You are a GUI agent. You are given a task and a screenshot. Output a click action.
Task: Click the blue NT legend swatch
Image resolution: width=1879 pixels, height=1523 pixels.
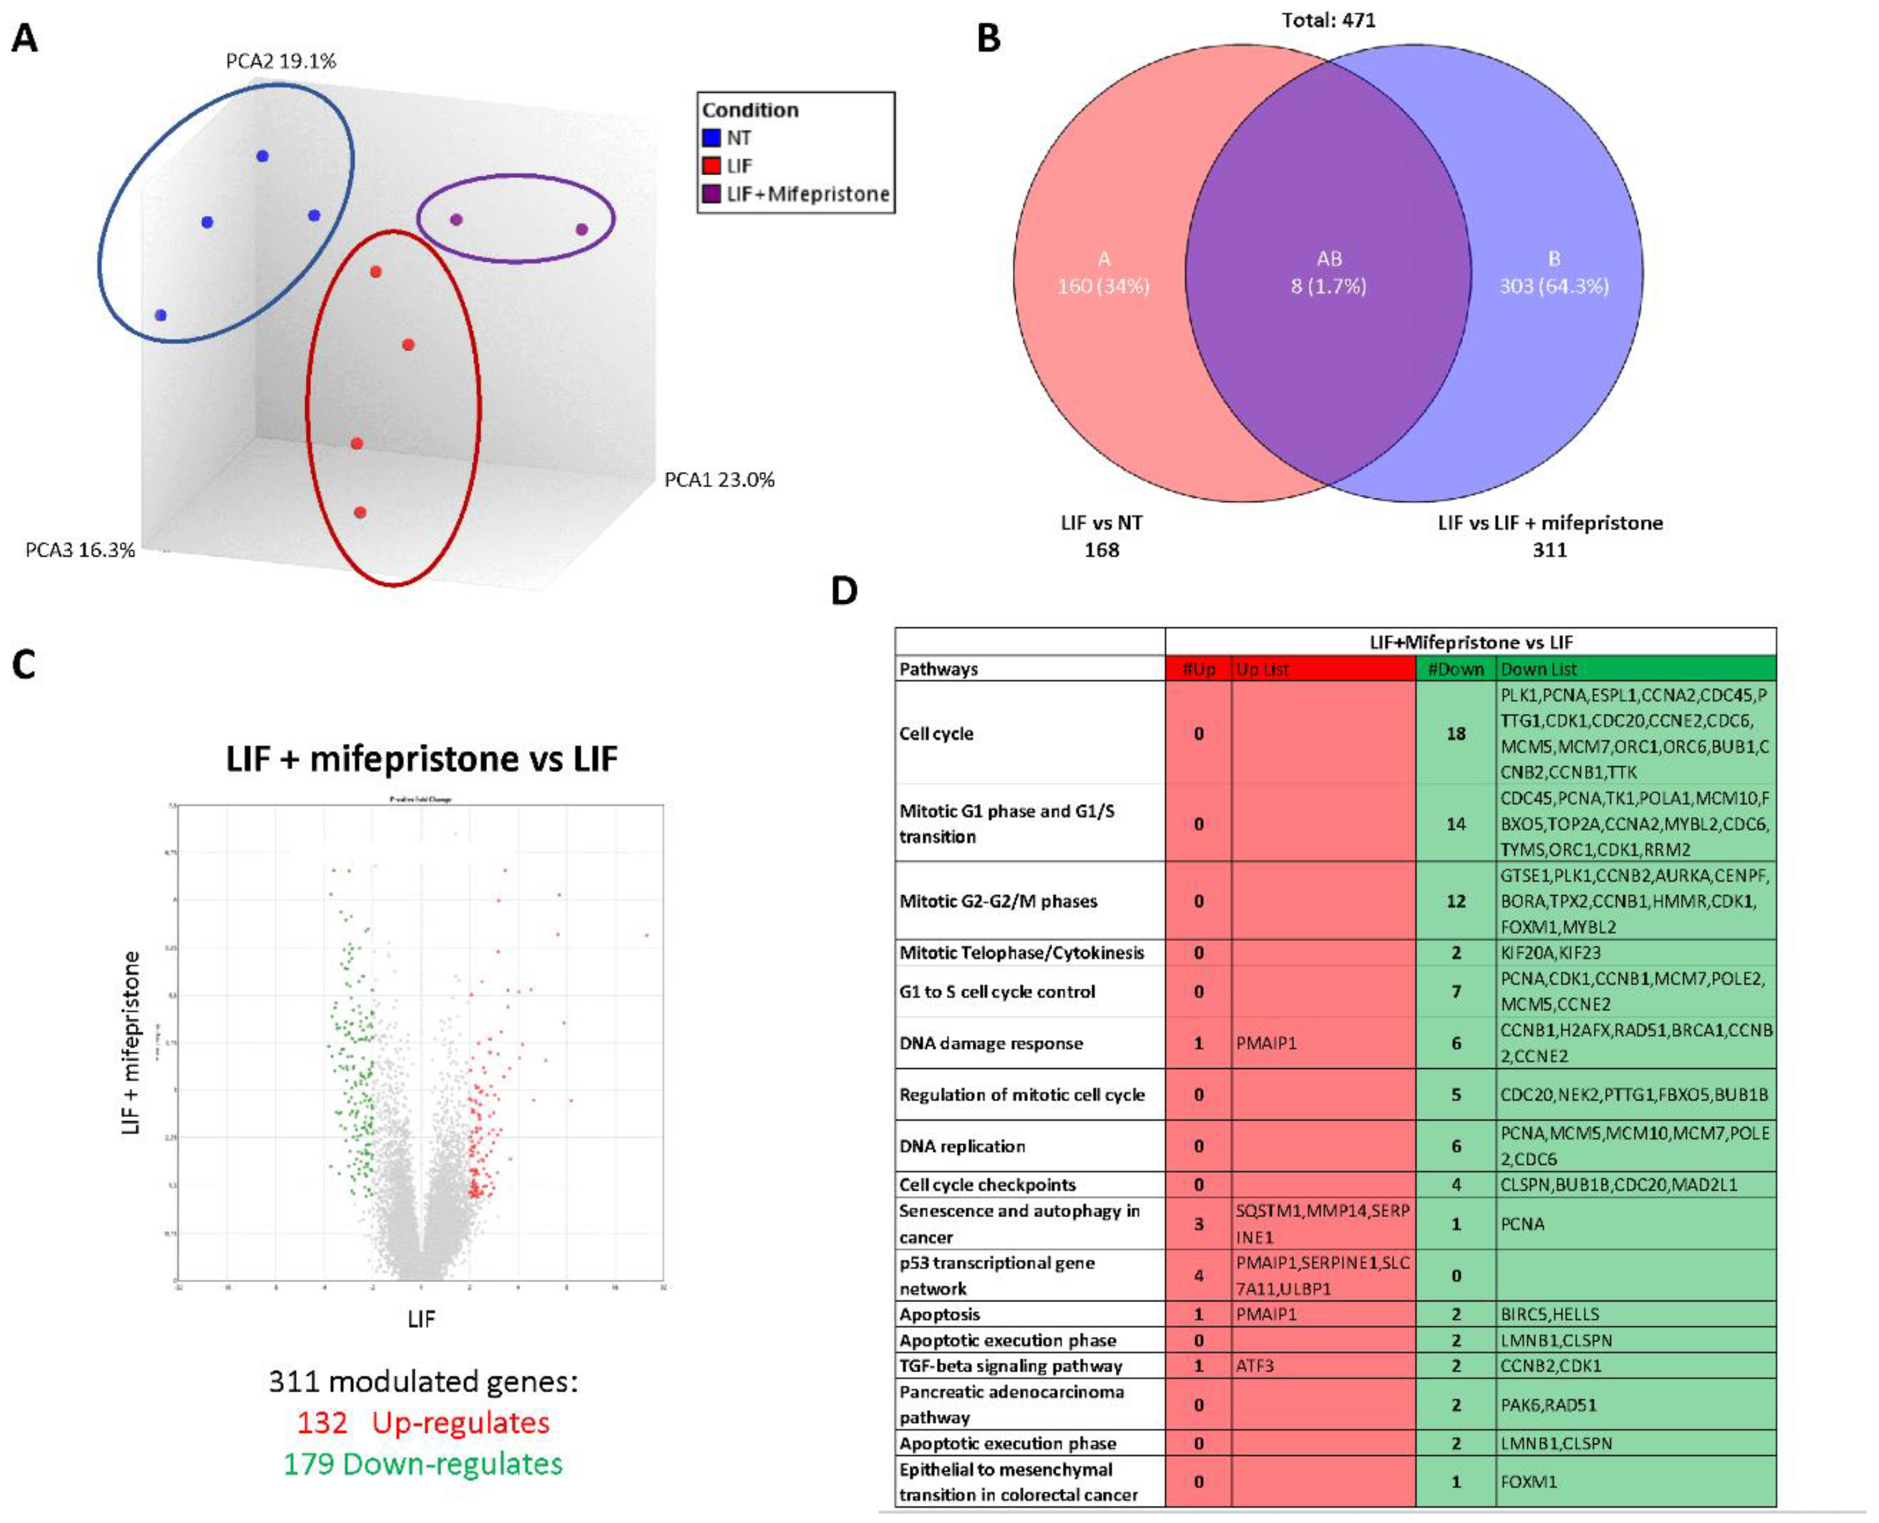[712, 138]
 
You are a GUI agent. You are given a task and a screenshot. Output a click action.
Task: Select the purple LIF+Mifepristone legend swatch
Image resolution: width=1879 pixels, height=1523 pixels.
[712, 194]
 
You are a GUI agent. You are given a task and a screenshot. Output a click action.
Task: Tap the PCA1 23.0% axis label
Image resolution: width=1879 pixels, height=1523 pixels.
[719, 480]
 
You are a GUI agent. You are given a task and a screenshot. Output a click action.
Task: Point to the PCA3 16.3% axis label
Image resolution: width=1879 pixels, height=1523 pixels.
[80, 550]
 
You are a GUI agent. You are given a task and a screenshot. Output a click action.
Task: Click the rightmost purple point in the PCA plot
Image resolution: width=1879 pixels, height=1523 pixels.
[581, 230]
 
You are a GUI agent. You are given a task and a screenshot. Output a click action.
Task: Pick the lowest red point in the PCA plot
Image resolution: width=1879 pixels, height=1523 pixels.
[360, 512]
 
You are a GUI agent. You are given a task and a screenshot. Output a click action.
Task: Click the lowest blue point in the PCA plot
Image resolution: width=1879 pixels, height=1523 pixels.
[161, 315]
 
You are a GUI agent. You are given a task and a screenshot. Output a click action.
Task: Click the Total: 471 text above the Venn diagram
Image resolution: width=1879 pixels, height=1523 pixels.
[1328, 19]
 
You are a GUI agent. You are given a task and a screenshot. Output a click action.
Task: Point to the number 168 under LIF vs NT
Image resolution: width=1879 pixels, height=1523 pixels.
[1102, 550]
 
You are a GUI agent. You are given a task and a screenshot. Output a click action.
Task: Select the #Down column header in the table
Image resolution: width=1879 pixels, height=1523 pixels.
[1455, 669]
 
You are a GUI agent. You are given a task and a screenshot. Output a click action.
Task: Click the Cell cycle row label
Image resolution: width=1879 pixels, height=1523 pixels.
[936, 733]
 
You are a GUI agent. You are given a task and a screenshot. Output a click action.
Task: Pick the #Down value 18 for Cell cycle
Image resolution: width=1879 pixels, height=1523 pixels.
[1455, 733]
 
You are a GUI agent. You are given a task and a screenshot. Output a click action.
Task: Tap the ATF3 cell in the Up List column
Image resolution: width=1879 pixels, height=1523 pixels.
[1254, 1366]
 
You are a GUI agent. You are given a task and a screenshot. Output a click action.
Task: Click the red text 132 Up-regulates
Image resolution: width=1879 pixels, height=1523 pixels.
[423, 1422]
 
